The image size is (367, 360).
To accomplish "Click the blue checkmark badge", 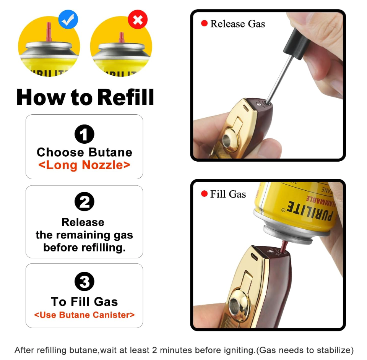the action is (x=68, y=19).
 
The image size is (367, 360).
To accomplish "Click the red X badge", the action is (x=138, y=19).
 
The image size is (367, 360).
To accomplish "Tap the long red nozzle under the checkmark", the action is (x=49, y=32).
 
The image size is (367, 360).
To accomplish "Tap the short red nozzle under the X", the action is (x=122, y=38).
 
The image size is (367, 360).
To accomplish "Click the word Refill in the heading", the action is (x=126, y=97).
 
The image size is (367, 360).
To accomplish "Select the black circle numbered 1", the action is (x=84, y=134).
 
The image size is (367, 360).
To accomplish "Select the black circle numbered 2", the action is (x=84, y=201).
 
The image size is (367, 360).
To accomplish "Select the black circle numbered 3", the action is (x=84, y=281).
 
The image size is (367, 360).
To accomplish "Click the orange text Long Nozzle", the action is (x=84, y=165).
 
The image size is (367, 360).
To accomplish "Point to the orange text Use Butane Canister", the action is (x=84, y=315).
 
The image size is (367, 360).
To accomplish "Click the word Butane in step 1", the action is (x=110, y=152).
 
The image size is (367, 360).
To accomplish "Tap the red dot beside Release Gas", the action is (x=204, y=23).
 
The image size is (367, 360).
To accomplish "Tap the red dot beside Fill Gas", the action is (x=204, y=194).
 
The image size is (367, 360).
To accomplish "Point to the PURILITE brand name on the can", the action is (x=309, y=211).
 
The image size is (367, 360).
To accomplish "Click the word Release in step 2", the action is (x=83, y=222).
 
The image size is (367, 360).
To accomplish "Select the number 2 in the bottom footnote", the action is (x=154, y=350).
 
